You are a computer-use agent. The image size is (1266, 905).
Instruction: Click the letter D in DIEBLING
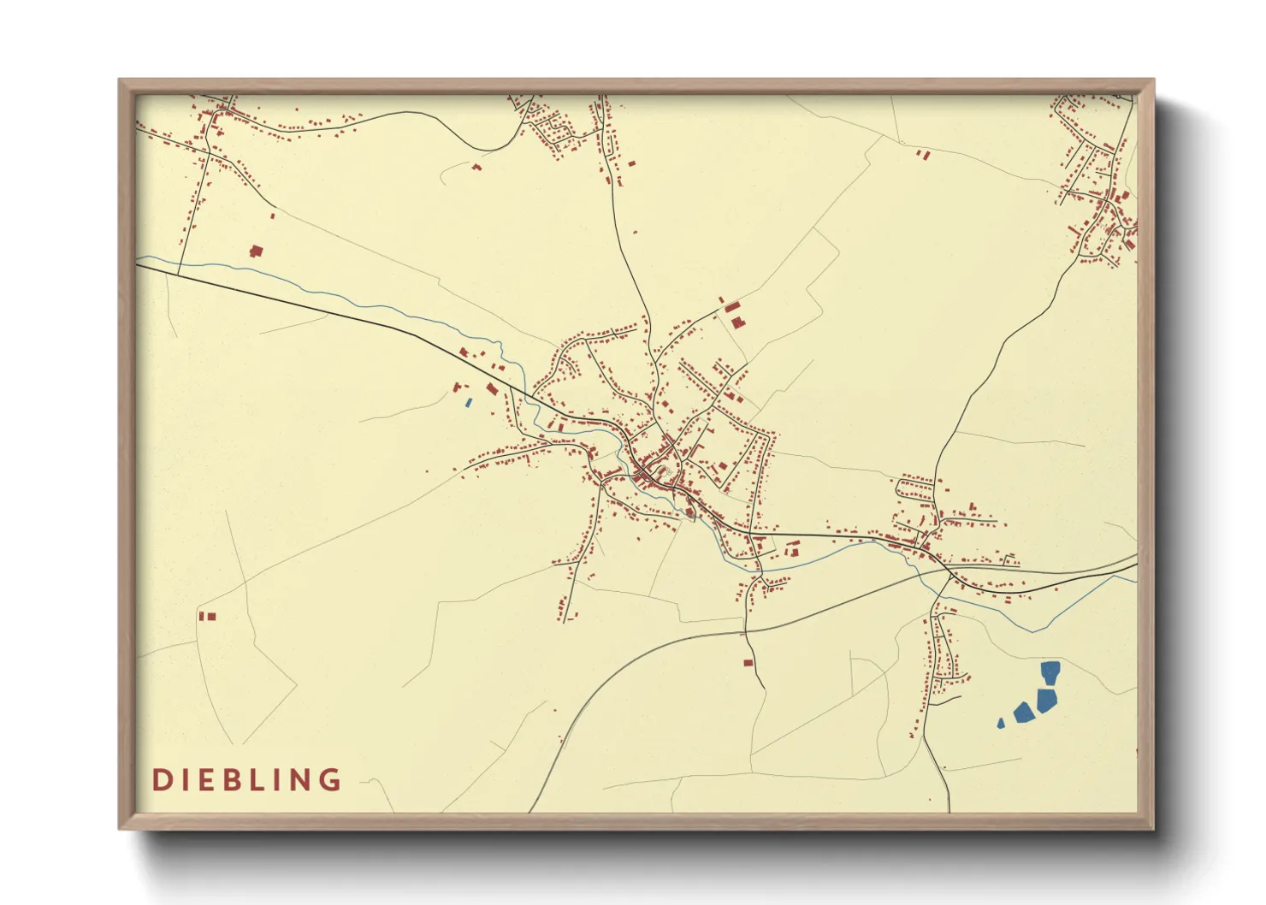[x=160, y=780]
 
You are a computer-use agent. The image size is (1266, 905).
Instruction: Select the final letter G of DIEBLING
[x=329, y=780]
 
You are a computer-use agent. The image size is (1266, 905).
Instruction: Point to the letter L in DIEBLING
[x=254, y=780]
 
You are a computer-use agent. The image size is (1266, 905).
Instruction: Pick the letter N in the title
[x=299, y=780]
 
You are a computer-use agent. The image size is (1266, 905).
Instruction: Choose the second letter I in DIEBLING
[x=275, y=780]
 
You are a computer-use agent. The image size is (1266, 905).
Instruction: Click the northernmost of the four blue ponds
[x=1050, y=673]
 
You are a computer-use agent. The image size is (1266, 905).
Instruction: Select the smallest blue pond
[x=1001, y=724]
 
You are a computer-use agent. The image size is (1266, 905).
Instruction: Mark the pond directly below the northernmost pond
[x=1046, y=701]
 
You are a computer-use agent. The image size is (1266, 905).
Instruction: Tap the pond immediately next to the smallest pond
[x=1022, y=712]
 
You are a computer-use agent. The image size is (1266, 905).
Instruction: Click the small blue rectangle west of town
[x=468, y=402]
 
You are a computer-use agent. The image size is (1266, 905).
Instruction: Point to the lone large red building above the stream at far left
[x=255, y=251]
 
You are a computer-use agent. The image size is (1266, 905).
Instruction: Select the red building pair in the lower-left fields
[x=207, y=616]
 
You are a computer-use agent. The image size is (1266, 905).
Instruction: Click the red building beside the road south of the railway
[x=748, y=661]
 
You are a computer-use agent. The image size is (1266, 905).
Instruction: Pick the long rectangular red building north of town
[x=731, y=307]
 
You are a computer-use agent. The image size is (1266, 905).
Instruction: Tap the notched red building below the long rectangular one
[x=737, y=322]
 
